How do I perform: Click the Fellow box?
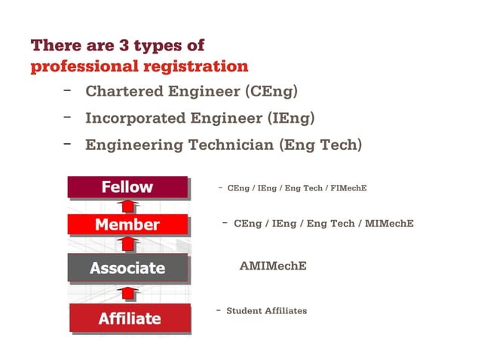(127, 187)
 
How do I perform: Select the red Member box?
(127, 224)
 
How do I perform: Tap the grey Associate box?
(127, 267)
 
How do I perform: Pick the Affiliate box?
(129, 318)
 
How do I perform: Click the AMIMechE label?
(272, 266)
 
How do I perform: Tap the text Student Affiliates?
(266, 310)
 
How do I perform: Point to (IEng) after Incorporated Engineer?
(290, 118)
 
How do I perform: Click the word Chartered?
(121, 92)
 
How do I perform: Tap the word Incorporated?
(135, 118)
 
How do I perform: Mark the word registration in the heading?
(195, 66)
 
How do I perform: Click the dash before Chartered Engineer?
(67, 90)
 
